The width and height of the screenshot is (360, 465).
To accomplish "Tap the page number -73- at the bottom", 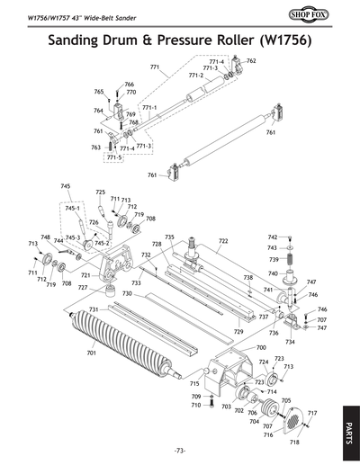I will click(180, 450).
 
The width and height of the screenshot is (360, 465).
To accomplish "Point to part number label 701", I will click(91, 353).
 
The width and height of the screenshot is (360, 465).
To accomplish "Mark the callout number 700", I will click(261, 347).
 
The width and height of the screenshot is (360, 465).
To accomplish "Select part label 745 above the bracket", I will click(65, 186).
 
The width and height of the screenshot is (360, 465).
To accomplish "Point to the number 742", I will click(272, 237).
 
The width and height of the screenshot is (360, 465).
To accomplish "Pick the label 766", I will click(129, 85).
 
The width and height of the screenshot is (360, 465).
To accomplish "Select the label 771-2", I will click(195, 76).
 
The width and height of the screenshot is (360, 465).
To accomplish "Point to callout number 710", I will click(196, 405).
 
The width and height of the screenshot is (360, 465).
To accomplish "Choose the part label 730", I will click(127, 294).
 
